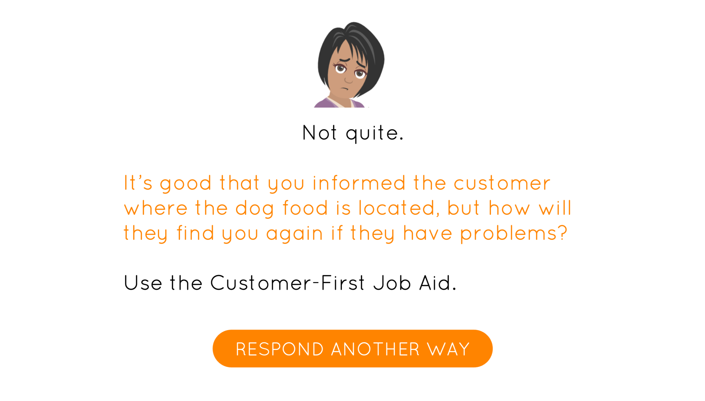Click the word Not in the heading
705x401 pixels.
[319, 133]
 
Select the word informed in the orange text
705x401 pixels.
[359, 183]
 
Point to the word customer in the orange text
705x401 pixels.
[502, 183]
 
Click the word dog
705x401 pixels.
[254, 208]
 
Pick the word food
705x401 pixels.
[305, 207]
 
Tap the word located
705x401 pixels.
[399, 208]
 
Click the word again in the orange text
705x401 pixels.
[294, 234]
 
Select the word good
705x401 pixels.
[186, 183]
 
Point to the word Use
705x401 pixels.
[143, 283]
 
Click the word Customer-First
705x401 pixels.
[288, 283]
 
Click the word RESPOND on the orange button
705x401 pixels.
[279, 349]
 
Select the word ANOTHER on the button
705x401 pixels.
[375, 349]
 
